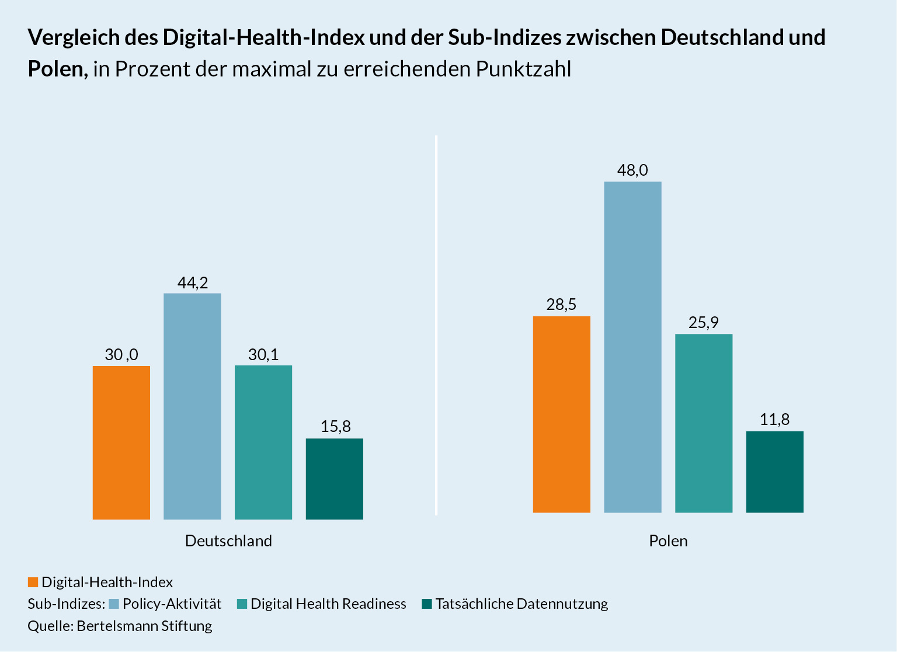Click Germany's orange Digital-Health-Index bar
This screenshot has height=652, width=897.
tap(121, 442)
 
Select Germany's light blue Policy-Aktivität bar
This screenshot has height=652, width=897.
tap(192, 406)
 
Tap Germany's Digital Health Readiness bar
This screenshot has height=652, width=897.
tap(263, 442)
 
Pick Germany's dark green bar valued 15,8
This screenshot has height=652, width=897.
tap(335, 479)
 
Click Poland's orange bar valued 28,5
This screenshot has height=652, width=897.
tap(562, 414)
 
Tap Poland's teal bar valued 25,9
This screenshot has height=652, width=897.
tap(704, 423)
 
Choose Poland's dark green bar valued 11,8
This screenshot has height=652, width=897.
tap(775, 472)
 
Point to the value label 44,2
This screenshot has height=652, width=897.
tap(193, 283)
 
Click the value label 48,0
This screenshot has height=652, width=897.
tap(632, 170)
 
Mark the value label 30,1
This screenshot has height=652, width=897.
tap(263, 355)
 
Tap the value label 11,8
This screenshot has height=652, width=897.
tap(775, 420)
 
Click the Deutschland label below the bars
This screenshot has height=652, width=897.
tap(228, 541)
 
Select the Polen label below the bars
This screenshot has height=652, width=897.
tap(668, 541)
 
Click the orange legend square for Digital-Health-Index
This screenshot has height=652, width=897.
tap(33, 583)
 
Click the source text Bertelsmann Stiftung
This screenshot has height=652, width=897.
tap(144, 626)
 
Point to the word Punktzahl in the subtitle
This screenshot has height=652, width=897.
tap(523, 69)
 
